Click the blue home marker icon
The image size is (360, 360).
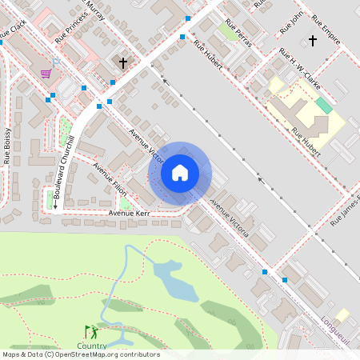click(180, 173)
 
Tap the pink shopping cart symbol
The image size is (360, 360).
click(46, 73)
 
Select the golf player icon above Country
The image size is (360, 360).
click(91, 331)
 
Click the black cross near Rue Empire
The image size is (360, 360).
click(312, 39)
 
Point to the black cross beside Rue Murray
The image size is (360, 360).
click(123, 62)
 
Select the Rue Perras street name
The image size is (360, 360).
click(238, 33)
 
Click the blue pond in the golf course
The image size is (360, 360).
click(175, 280)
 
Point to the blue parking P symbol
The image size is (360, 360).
click(55, 62)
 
